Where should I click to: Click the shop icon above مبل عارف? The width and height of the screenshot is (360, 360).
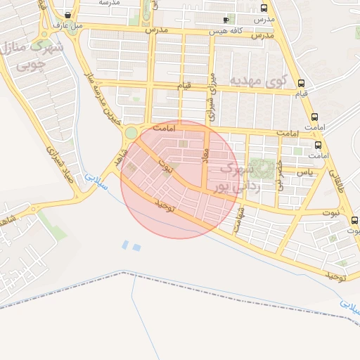click(67, 15)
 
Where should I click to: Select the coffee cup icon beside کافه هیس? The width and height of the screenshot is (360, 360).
click(226, 20)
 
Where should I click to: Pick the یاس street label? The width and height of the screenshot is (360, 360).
click(304, 172)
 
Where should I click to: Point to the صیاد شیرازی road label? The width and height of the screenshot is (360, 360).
click(60, 163)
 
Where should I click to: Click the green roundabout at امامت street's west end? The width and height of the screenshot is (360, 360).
click(131, 133)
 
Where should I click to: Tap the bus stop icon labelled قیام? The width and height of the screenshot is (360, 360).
click(302, 82)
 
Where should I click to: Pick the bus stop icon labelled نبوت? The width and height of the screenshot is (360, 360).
click(353, 220)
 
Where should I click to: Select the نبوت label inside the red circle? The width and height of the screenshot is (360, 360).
click(167, 167)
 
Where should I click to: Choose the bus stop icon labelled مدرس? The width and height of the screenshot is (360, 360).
click(264, 8)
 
